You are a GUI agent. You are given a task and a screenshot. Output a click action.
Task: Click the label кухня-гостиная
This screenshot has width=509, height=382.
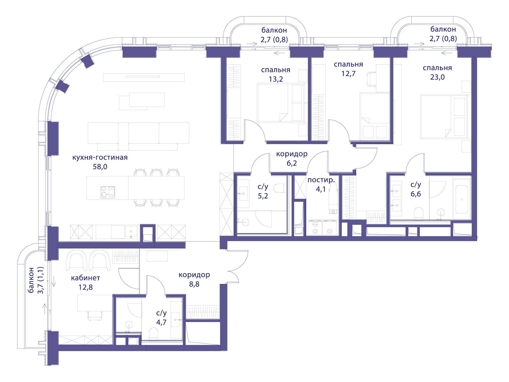click(100, 157)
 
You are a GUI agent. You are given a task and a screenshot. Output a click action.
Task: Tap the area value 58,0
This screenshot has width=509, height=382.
click(100, 166)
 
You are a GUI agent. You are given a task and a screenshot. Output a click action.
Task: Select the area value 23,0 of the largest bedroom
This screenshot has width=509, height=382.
click(437, 77)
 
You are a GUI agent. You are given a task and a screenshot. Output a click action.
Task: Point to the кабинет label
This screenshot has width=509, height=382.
click(86, 278)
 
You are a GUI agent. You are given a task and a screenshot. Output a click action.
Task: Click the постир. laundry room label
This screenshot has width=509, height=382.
click(321, 180)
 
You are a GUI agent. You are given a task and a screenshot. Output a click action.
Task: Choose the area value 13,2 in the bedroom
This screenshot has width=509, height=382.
click(276, 79)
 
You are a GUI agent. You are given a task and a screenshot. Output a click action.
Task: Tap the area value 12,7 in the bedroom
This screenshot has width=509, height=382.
click(348, 74)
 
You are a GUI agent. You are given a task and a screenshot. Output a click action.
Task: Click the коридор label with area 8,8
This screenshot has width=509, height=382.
click(194, 275)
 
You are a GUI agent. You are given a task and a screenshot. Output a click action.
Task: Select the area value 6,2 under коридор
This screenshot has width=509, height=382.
click(292, 163)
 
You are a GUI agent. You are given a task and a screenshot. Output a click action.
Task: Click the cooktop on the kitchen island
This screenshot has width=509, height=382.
click(108, 192)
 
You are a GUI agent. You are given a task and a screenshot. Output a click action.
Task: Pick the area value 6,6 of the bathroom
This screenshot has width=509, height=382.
click(415, 194)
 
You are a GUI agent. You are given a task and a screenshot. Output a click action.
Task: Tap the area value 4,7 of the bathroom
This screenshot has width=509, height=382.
click(161, 322)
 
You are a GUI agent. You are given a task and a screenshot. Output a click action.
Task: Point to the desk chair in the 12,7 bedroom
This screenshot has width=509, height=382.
click(371, 79)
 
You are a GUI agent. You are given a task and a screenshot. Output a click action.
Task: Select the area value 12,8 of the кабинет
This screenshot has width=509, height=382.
click(86, 287)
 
